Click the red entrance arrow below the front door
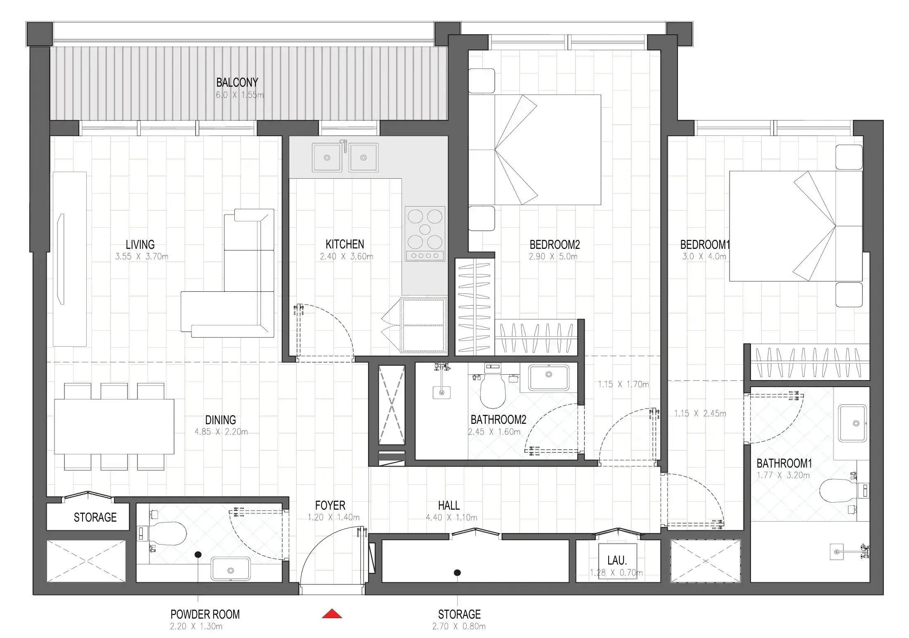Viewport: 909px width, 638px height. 332,614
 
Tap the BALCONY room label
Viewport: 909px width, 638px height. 237,83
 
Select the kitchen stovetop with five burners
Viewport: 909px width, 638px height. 425,234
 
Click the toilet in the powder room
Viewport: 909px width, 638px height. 165,534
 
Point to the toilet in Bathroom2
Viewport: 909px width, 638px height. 493,390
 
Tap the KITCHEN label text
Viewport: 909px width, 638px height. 345,244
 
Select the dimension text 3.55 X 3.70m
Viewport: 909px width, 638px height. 142,256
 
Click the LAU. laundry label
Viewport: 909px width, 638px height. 617,560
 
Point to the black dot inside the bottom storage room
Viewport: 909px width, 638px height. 457,573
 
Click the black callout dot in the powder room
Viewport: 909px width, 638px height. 198,555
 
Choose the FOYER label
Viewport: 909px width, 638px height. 330,506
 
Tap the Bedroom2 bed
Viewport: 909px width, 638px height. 535,150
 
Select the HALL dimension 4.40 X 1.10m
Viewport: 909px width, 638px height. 451,517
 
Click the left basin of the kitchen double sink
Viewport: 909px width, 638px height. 327,157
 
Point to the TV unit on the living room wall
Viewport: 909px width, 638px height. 70,259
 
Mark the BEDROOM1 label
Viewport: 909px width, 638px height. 705,245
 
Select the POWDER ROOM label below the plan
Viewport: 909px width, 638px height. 205,614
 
